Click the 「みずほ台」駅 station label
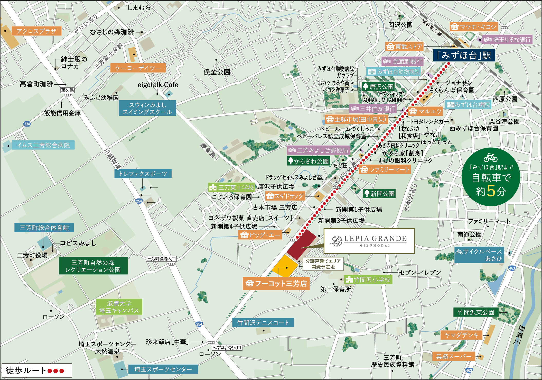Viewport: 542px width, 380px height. click(464, 55)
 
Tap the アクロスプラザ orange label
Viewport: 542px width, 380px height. click(36, 31)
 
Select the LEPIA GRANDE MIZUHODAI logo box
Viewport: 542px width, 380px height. click(369, 241)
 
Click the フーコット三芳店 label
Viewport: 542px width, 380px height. click(276, 284)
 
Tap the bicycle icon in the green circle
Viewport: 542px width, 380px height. click(490, 157)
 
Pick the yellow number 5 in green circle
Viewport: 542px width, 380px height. click(491, 191)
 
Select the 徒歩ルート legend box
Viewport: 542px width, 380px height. click(36, 370)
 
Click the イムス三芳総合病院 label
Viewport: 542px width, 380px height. click(43, 145)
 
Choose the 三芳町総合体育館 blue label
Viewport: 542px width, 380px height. click(44, 228)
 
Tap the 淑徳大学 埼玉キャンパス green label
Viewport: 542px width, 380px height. click(119, 307)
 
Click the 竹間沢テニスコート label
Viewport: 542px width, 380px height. click(263, 323)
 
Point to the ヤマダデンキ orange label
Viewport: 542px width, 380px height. click(461, 335)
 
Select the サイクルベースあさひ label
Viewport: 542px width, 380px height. click(479, 255)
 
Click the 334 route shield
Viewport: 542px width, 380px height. click(27, 124)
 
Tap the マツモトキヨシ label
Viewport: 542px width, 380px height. click(474, 27)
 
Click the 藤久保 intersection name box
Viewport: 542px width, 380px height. click(68, 90)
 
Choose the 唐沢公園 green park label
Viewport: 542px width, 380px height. click(378, 87)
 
